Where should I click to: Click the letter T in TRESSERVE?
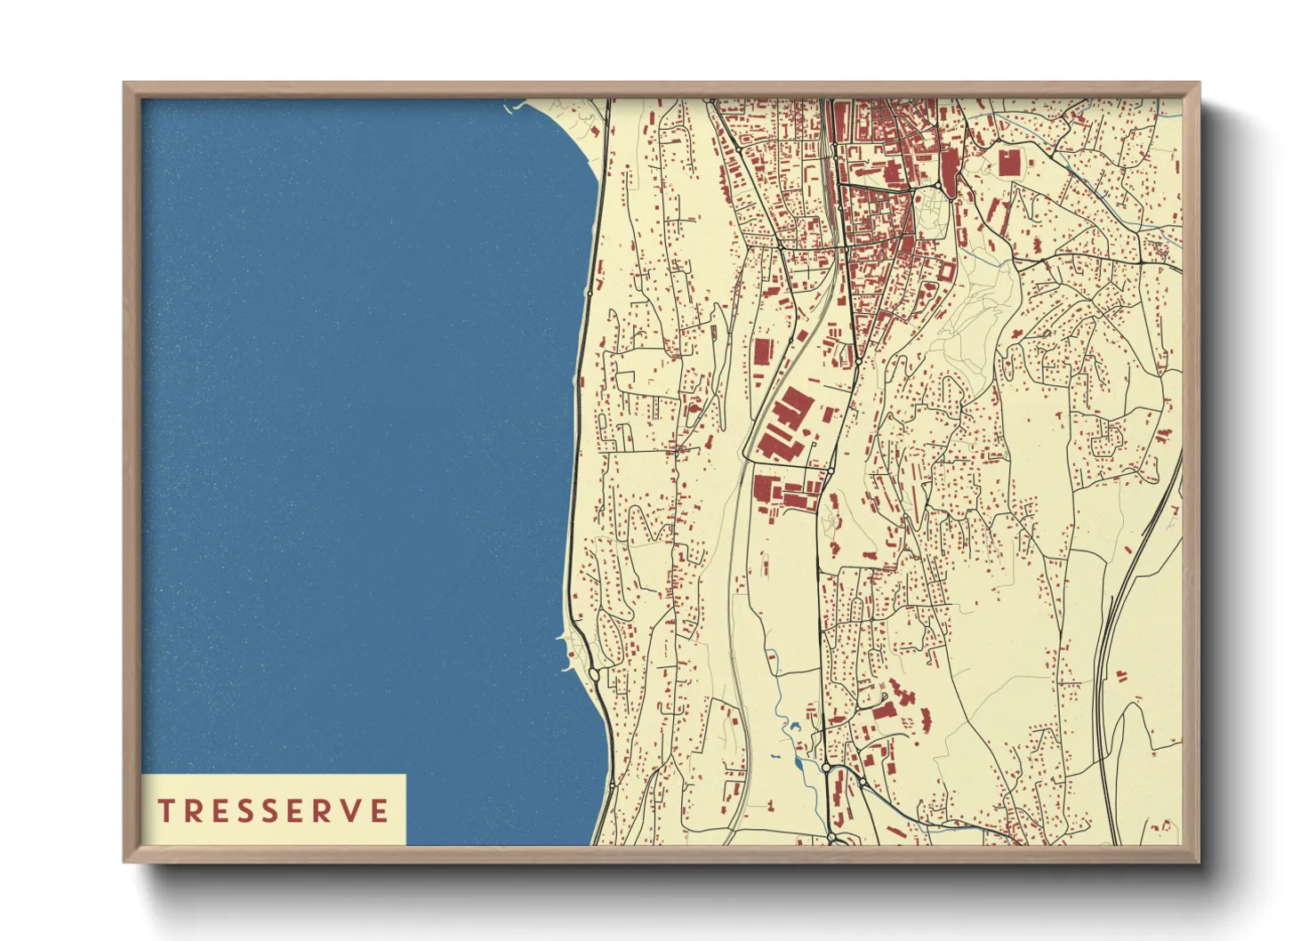tap(166, 810)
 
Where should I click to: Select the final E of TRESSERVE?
tap(380, 810)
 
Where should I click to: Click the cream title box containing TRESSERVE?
tap(273, 809)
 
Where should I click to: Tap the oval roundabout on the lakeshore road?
tap(593, 675)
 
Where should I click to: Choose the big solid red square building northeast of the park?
tap(1009, 163)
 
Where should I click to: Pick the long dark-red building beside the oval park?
tap(950, 169)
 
